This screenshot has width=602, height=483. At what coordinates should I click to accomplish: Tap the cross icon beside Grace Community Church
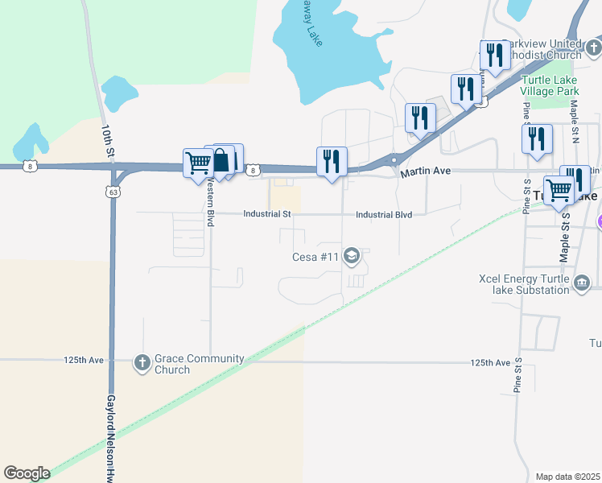tap(143, 361)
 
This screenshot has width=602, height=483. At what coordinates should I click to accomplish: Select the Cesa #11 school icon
tap(352, 257)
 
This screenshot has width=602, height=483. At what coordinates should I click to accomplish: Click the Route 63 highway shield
tap(111, 191)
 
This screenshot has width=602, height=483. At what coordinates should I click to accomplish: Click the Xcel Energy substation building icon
tap(582, 283)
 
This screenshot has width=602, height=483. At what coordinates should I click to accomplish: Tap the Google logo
tap(27, 473)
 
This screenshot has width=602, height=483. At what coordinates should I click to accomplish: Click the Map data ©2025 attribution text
tap(568, 477)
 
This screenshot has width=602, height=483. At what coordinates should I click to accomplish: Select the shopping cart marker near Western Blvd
tap(198, 164)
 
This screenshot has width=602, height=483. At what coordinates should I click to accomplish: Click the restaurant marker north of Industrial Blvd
tap(332, 162)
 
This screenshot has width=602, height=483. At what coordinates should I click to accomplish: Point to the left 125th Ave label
tap(84, 360)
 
